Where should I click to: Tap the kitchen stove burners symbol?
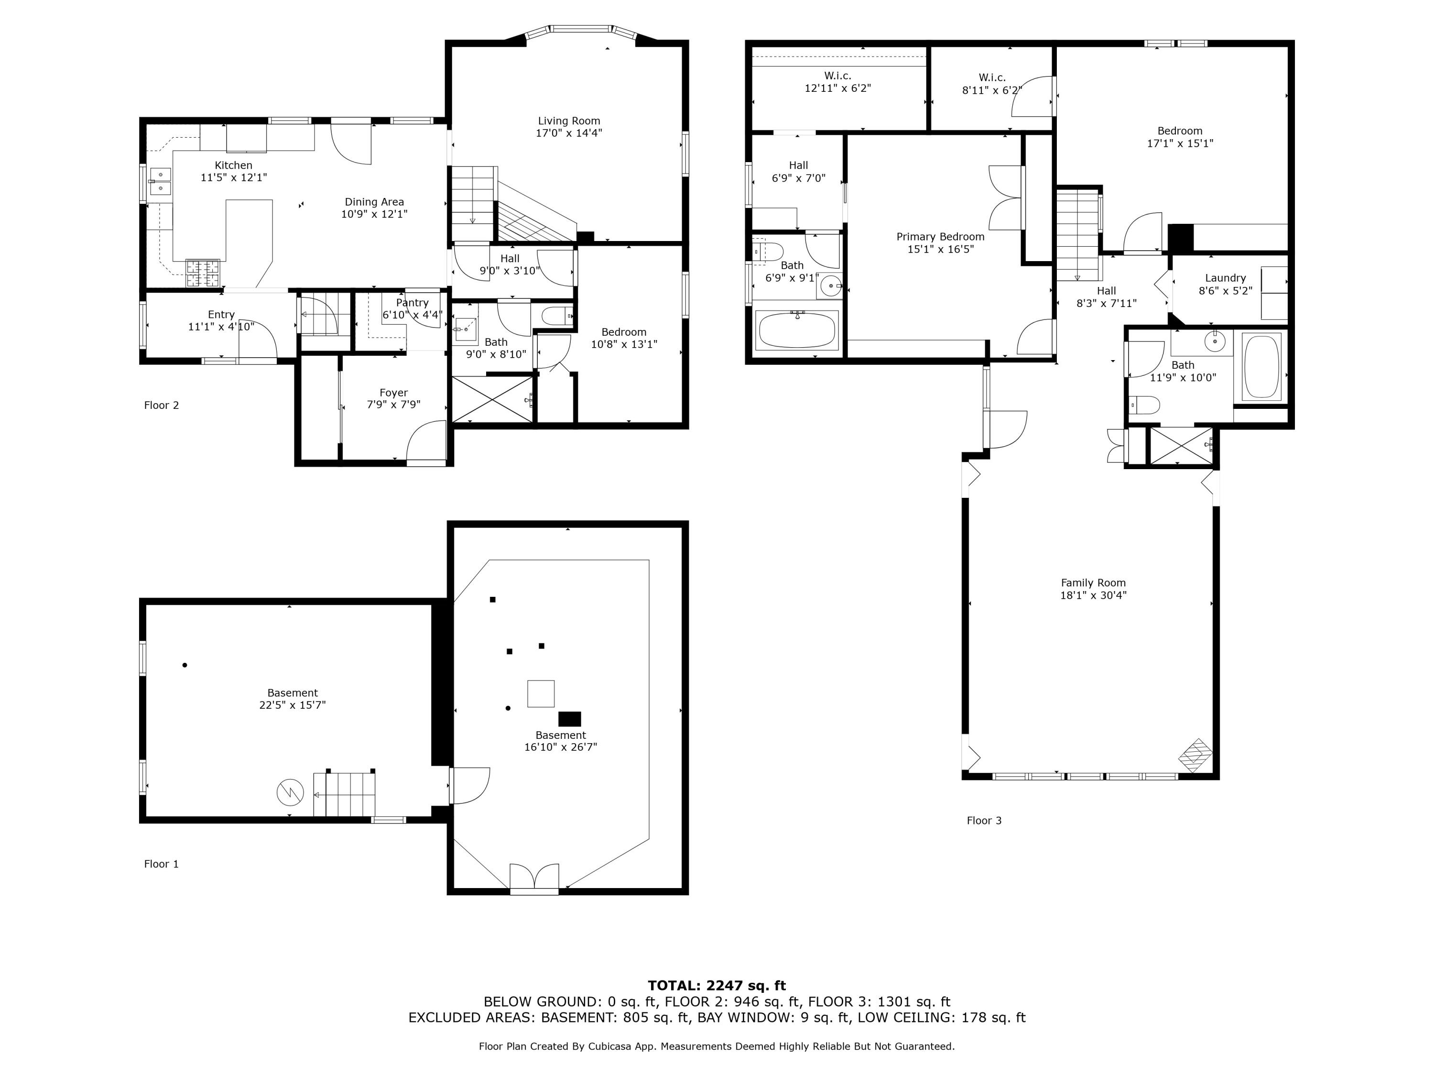(203, 273)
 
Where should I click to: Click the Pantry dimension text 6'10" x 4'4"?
(413, 315)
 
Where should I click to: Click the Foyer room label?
(393, 393)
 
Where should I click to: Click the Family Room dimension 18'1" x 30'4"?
(1093, 595)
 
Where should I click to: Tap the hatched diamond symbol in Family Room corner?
(1195, 755)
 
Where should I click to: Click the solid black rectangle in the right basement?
(569, 719)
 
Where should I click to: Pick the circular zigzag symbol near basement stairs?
(290, 792)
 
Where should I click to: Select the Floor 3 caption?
(983, 821)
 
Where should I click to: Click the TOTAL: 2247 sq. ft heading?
(717, 986)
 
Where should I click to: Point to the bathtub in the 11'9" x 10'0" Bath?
(1261, 366)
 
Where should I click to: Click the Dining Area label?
(374, 202)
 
